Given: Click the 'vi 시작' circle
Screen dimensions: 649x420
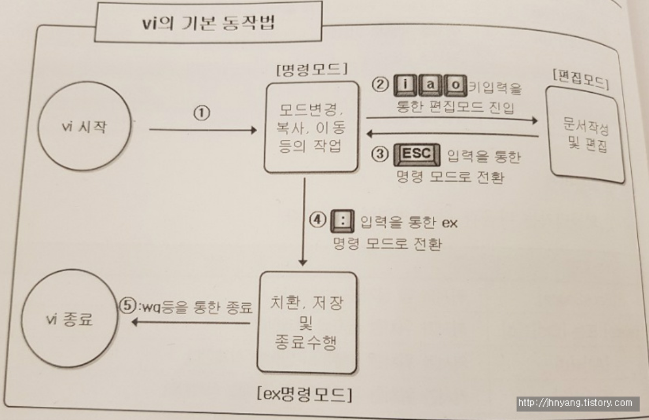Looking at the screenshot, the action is click(x=84, y=129).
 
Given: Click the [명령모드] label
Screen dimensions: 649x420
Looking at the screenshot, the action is click(x=313, y=69).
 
